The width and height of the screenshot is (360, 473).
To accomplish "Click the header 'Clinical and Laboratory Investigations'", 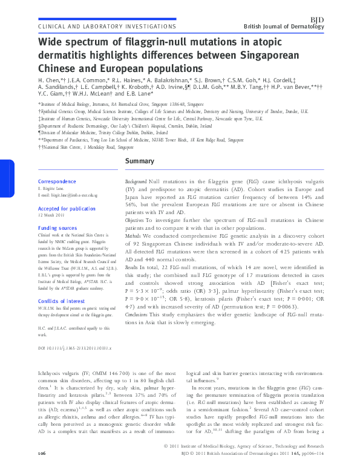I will [x=106, y=27].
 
